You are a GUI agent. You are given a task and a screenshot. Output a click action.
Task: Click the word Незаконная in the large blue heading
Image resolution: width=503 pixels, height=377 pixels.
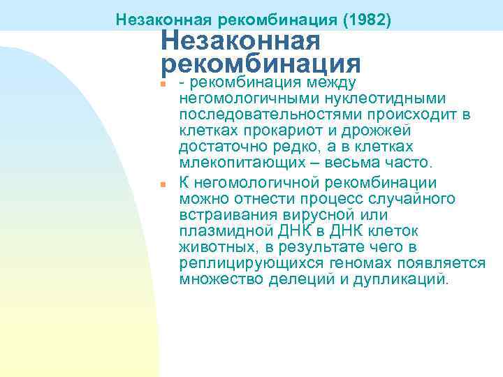pos(240,40)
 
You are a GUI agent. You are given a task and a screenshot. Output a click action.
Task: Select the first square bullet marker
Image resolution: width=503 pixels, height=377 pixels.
pos(161,84)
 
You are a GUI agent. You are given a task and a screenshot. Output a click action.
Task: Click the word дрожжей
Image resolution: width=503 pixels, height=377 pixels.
pos(377,131)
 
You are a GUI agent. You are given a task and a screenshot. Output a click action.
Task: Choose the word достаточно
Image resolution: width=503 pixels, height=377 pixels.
pos(222,147)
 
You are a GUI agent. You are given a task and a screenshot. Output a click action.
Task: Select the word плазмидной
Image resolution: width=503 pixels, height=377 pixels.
pos(219,232)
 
